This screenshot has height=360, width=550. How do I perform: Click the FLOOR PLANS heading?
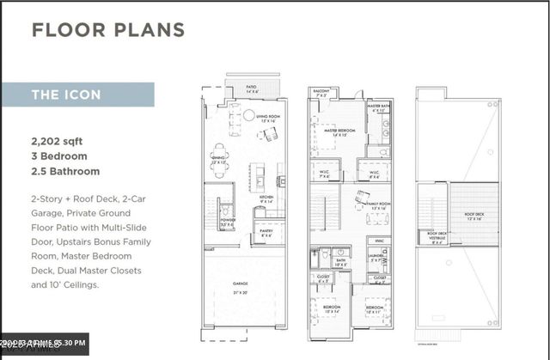(107, 30)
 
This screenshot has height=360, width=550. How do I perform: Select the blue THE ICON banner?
(77, 95)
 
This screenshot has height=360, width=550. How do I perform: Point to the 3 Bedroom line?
(59, 156)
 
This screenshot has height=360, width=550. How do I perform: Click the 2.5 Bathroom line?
(65, 172)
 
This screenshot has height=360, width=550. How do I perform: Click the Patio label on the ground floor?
(252, 88)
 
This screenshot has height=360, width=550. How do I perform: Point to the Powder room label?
(227, 221)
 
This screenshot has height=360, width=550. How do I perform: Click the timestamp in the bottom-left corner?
(45, 345)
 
